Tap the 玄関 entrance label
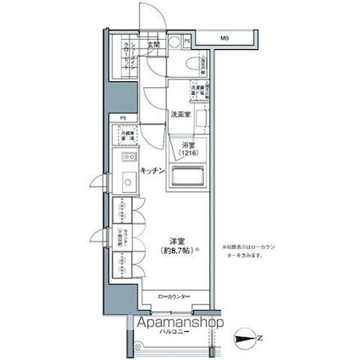point(154,43)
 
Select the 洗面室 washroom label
point(181,114)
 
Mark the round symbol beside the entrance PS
point(174,40)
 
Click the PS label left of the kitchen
point(123,119)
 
